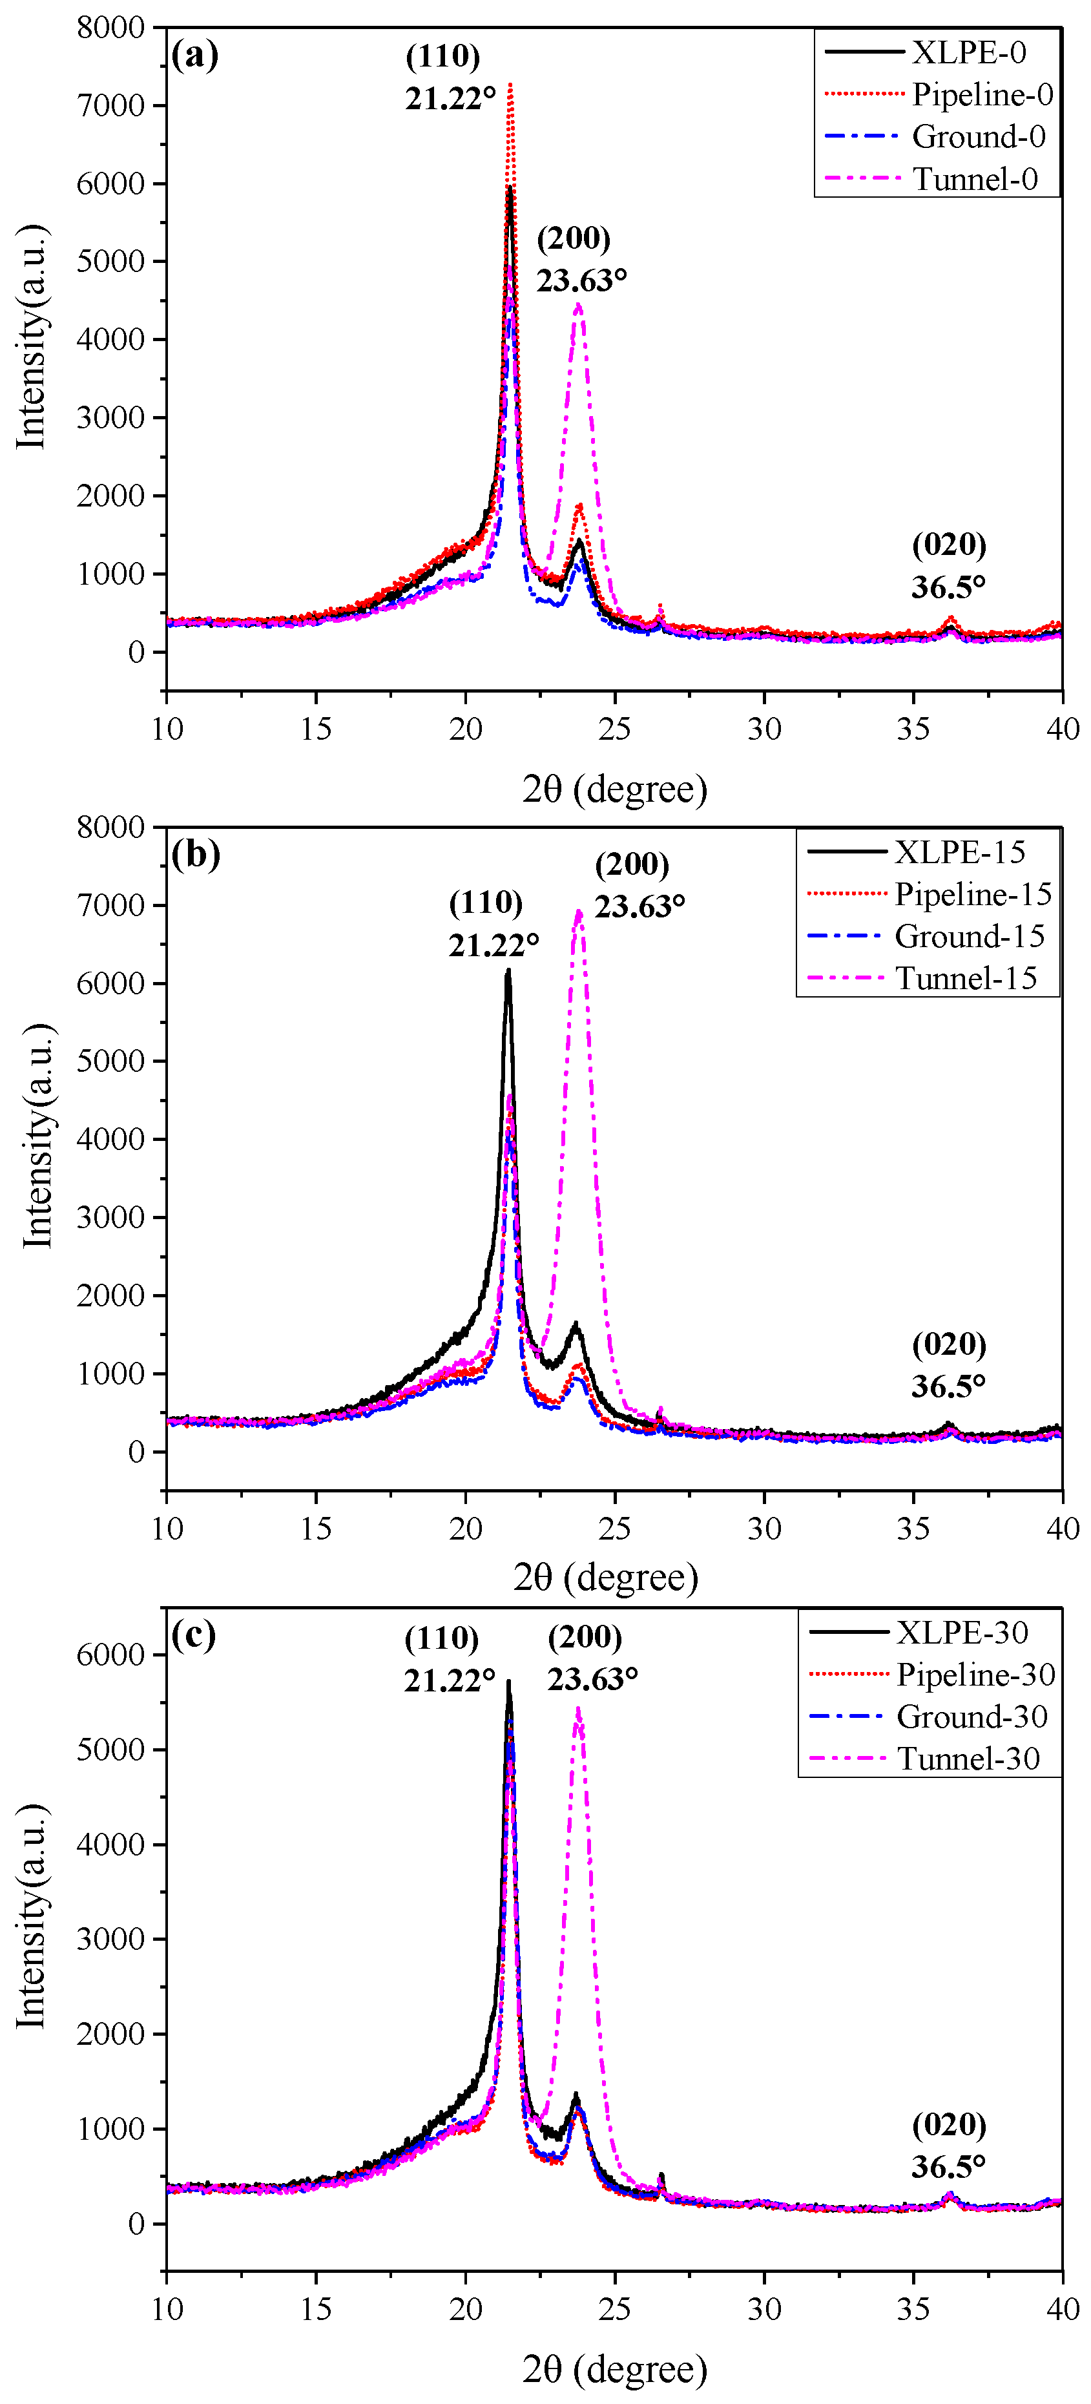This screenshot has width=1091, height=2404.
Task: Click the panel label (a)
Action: [195, 54]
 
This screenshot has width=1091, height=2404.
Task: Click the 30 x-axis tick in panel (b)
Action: [764, 1529]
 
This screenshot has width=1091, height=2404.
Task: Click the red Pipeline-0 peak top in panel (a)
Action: [510, 85]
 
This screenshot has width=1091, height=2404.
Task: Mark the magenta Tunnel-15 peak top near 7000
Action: [579, 912]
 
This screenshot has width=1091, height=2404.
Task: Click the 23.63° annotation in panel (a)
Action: [581, 280]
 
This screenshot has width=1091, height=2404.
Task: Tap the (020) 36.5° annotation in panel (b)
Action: [948, 1364]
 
